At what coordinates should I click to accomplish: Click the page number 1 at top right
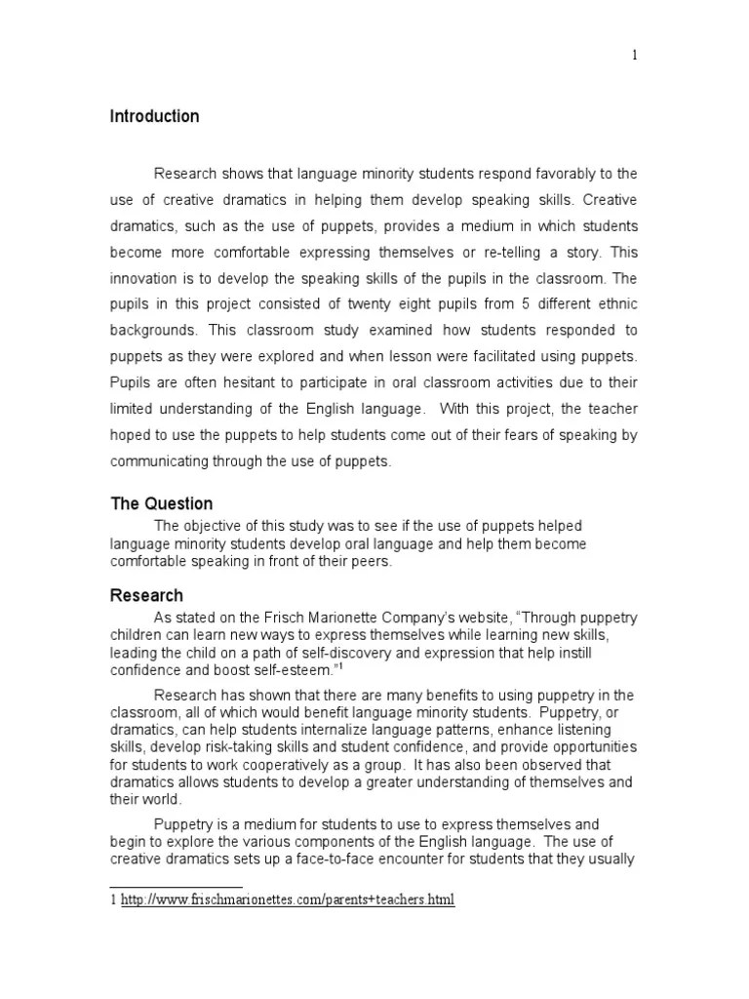coord(635,55)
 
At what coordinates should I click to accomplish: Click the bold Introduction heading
coord(154,117)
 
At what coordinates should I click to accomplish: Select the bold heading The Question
coord(161,503)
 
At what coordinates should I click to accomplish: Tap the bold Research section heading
coord(146,595)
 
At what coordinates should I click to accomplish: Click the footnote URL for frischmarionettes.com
coord(288,899)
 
